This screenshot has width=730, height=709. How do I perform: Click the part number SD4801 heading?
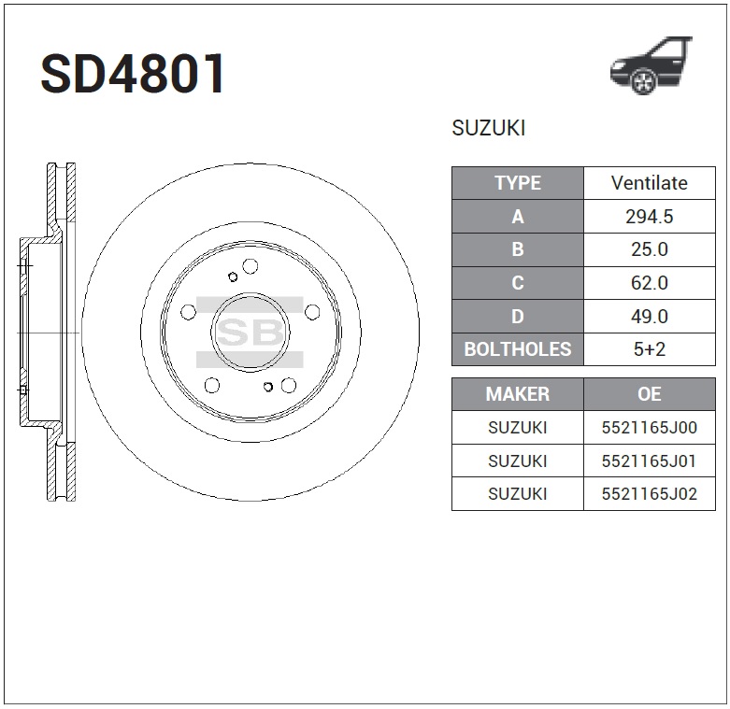pyautogui.click(x=133, y=74)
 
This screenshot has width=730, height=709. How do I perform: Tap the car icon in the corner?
pyautogui.click(x=651, y=65)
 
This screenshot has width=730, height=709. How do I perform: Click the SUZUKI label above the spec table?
pyautogui.click(x=488, y=128)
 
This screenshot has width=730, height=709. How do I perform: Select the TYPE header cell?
pyautogui.click(x=517, y=183)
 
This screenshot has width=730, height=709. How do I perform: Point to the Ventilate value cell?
pyautogui.click(x=649, y=183)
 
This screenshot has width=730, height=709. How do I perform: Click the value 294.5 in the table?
pyautogui.click(x=649, y=217)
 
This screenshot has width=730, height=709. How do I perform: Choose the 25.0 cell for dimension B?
pyautogui.click(x=649, y=249)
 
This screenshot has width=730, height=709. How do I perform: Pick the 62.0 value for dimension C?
pyautogui.click(x=649, y=283)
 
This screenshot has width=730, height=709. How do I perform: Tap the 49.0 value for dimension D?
pyautogui.click(x=649, y=317)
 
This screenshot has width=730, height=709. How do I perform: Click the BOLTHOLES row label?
pyautogui.click(x=517, y=349)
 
